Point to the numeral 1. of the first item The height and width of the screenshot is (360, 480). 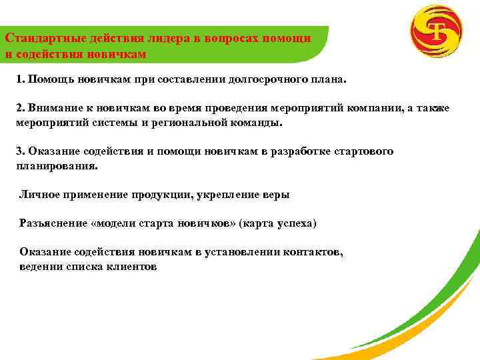pos(21,79)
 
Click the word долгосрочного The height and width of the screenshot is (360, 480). pos(265,79)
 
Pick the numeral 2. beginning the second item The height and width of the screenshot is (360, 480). pos(21,109)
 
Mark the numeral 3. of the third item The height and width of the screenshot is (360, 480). pos(21,151)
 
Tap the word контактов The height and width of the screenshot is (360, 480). pos(312,252)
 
